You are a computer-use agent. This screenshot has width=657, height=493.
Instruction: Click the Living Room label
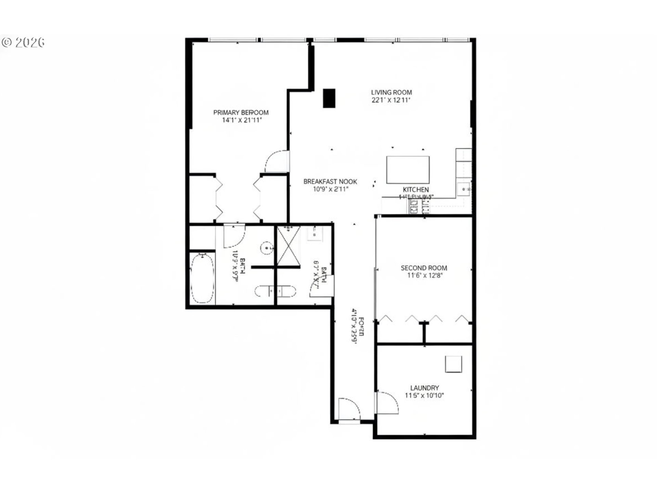point(391,92)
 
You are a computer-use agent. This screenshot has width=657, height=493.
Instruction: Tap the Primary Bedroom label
point(241,112)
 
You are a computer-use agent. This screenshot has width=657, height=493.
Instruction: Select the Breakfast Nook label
point(330,181)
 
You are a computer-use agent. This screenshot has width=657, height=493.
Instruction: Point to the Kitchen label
point(416,190)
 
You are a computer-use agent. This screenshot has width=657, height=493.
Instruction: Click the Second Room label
point(424,268)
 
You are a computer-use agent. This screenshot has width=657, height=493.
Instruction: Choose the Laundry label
point(424,388)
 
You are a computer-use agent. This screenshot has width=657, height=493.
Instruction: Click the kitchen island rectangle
point(408,170)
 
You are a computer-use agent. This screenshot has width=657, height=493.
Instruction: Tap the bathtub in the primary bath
point(202,278)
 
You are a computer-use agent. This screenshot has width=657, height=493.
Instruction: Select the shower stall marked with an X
point(288,246)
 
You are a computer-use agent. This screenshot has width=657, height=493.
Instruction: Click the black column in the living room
point(329,98)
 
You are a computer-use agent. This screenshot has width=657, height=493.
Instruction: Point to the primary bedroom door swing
point(277,161)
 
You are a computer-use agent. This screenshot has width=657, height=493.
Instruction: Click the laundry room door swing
point(387,403)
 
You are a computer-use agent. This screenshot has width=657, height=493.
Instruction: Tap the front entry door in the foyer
point(349,410)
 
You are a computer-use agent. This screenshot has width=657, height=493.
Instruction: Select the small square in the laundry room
point(453,364)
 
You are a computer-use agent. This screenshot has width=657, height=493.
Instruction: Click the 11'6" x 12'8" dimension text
point(424,276)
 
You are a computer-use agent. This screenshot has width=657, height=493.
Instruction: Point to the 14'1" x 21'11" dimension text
point(242,120)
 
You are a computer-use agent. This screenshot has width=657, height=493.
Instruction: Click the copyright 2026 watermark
point(23,42)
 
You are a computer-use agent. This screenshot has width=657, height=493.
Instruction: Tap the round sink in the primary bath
point(267,248)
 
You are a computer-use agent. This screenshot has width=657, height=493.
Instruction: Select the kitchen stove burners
point(414,207)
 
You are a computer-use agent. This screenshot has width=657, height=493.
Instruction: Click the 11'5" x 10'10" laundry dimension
point(424,396)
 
